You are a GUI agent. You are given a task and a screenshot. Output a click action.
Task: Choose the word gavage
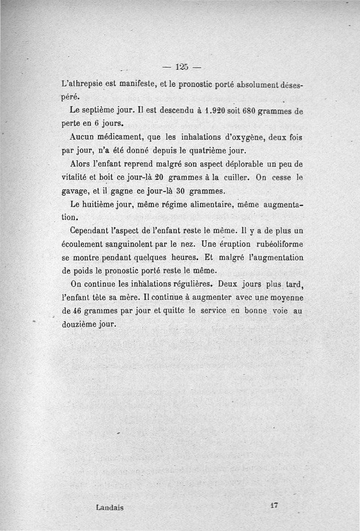tap(74, 191)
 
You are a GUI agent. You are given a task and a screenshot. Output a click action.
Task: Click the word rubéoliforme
tap(273, 244)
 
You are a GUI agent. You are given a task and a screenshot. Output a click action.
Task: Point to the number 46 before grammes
tap(77, 311)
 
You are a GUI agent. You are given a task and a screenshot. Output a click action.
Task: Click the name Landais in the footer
tap(110, 507)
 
